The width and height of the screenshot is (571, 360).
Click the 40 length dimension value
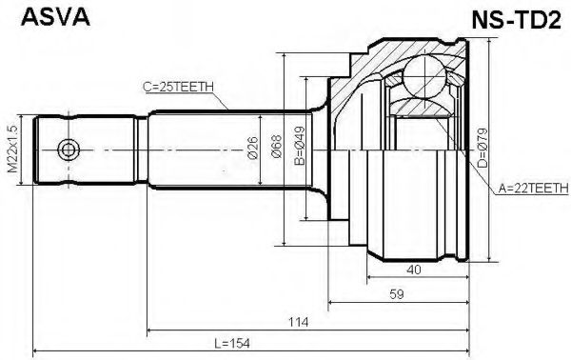413,270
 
